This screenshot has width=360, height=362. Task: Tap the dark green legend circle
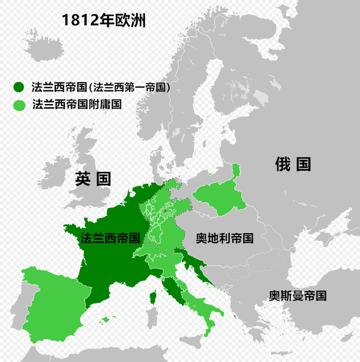pyautogui.click(x=19, y=87)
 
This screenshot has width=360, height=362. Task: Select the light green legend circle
pyautogui.click(x=19, y=105)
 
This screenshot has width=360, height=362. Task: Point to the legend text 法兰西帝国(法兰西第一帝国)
pyautogui.click(x=101, y=87)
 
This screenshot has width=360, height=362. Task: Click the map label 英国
pyautogui.click(x=93, y=179)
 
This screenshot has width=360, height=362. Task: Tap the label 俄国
pyautogui.click(x=293, y=164)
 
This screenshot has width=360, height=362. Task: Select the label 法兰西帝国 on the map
pyautogui.click(x=110, y=237)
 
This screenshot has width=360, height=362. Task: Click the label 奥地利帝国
pyautogui.click(x=224, y=238)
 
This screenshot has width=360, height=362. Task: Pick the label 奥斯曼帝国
pyautogui.click(x=298, y=296)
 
